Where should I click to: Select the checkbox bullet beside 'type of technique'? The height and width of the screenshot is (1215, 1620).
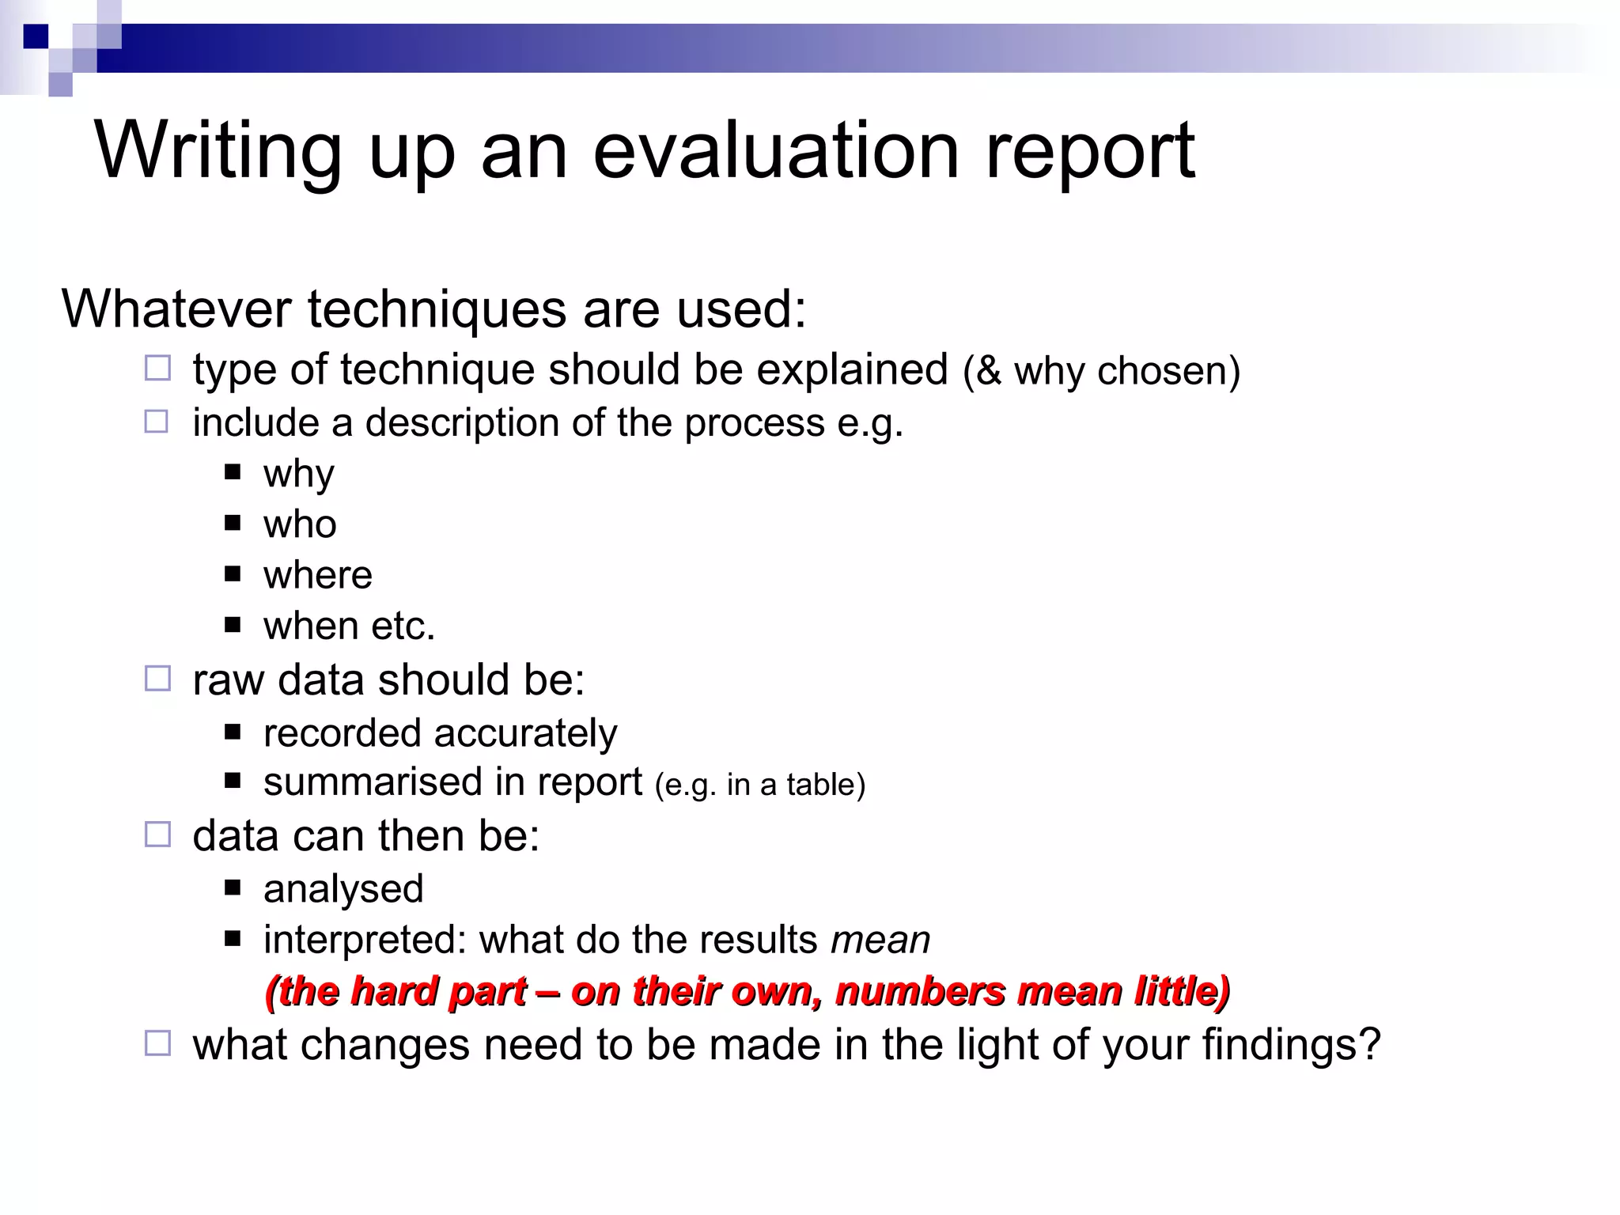[157, 369]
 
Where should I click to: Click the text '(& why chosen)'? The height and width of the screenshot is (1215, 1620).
[1101, 371]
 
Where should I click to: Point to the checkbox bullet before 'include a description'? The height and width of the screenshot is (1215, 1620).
[157, 422]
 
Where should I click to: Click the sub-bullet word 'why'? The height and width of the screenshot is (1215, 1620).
[298, 475]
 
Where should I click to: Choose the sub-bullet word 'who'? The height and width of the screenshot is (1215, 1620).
[300, 524]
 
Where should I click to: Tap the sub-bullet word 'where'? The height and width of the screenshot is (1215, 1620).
[317, 575]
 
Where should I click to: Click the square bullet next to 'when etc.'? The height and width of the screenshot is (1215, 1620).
[232, 625]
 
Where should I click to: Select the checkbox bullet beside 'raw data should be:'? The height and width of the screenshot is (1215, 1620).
[157, 679]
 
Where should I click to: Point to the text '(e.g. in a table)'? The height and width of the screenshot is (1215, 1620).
[760, 785]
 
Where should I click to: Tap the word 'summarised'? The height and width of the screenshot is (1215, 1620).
[373, 782]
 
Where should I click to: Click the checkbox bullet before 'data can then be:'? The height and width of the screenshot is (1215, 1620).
[157, 835]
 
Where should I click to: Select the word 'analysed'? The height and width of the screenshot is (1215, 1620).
[343, 889]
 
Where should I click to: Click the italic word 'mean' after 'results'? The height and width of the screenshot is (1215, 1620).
[880, 941]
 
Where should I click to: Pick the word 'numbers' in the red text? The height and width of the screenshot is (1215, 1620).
[919, 991]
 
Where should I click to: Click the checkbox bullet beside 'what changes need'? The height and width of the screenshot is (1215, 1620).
[157, 1043]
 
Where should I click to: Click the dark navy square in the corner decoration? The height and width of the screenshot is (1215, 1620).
[36, 36]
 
